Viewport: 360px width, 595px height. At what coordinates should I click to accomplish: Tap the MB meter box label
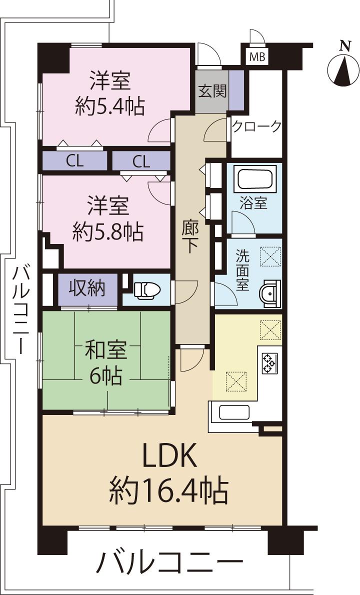click(x=257, y=57)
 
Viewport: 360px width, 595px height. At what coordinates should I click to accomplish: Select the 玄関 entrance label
click(x=212, y=91)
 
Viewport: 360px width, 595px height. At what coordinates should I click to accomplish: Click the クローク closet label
click(x=257, y=126)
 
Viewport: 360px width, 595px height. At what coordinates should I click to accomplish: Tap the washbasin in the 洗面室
click(x=270, y=293)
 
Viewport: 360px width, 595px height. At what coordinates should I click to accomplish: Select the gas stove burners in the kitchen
click(x=270, y=363)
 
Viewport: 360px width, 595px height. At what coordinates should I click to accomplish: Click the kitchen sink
click(x=234, y=413)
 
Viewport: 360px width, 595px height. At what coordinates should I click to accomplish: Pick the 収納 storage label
click(x=87, y=288)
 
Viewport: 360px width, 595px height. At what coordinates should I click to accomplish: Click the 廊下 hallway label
click(x=191, y=238)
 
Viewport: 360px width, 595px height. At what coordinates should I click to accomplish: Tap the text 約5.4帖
click(x=109, y=105)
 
